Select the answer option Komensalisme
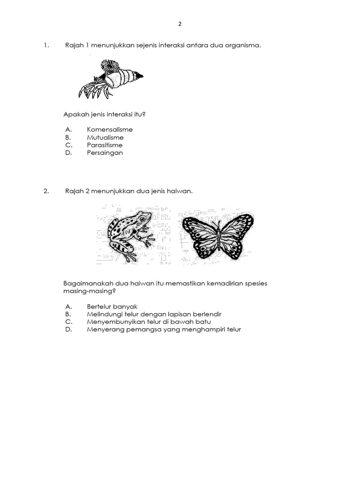point(110,129)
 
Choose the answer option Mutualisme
point(105,137)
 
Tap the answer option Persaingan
point(105,153)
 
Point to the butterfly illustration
point(217,235)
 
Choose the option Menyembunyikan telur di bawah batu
point(149,322)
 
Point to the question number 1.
point(46,45)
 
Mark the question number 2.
point(46,191)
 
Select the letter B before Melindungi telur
point(68,314)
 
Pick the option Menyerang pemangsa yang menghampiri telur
point(164,330)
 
